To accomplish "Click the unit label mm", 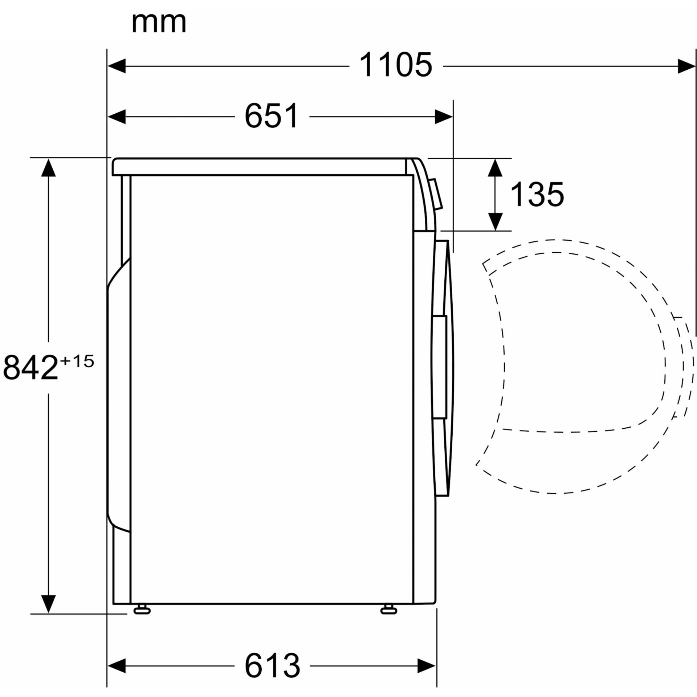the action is point(159,23).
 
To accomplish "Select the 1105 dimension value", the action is point(396,65).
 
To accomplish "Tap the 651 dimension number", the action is point(272,116).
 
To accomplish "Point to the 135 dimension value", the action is point(537,194).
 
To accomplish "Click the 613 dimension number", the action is point(272,665).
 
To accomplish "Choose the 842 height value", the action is point(30,367).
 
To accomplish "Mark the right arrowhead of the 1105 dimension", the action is point(686,66).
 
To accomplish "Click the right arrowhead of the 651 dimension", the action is point(444,117).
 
